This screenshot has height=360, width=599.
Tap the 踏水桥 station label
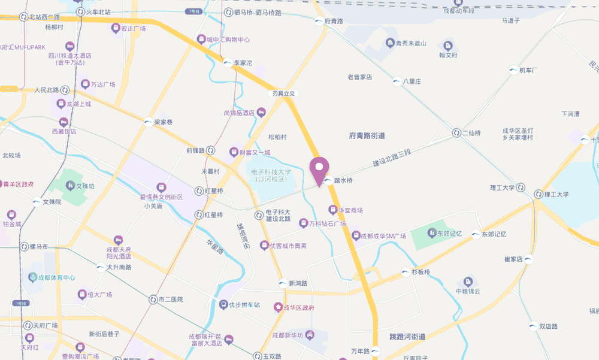click(x=343, y=180)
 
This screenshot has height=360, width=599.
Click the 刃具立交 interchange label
click(x=284, y=93)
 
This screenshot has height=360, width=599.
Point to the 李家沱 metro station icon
click(x=227, y=62)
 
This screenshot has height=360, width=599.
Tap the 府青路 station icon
click(x=318, y=22)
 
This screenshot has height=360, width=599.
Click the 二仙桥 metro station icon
click(x=457, y=133)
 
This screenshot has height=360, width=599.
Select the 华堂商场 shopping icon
click(x=332, y=210)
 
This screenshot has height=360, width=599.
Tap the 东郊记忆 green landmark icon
click(x=432, y=232)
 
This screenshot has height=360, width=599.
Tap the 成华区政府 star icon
click(x=278, y=307)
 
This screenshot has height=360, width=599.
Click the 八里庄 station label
click(x=412, y=81)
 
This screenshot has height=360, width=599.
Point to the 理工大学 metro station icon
click(x=538, y=194)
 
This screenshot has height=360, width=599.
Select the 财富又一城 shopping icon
click(x=233, y=152)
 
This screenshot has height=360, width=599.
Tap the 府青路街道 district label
click(x=367, y=135)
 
